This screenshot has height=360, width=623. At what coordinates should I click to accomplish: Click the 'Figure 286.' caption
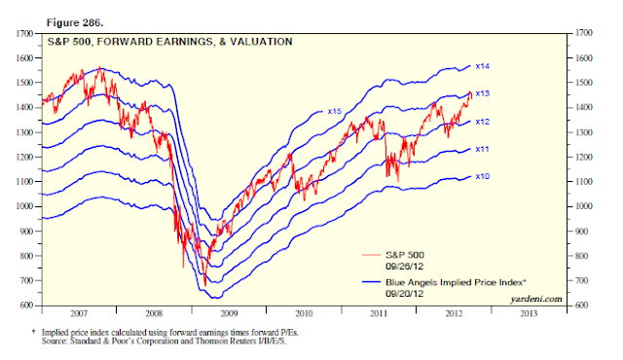pos(75,23)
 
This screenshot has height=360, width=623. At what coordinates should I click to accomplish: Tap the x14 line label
pos(483,66)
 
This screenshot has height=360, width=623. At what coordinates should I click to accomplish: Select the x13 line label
pos(483,93)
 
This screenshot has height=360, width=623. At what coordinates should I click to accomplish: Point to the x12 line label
pos(483,122)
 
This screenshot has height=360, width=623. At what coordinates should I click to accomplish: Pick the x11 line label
pos(483,149)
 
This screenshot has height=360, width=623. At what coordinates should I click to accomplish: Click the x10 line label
pos(483,177)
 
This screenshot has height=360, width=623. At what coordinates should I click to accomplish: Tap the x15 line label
pos(335,112)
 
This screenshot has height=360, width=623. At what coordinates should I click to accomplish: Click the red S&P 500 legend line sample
pos(371,255)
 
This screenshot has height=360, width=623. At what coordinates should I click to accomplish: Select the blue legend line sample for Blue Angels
pos(371,282)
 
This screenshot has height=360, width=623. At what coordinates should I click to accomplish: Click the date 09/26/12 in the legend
pos(405,267)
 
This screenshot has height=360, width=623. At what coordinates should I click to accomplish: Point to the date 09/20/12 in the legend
pos(405,294)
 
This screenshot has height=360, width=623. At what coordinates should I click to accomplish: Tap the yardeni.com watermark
pos(536,299)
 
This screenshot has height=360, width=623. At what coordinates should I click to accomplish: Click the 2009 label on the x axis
pos(229,314)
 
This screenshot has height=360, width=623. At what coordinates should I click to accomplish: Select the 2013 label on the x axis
pos(529,314)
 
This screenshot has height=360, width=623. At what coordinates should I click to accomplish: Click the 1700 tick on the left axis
pos(24,34)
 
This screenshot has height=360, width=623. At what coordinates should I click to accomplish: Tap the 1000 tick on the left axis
pos(24,206)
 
